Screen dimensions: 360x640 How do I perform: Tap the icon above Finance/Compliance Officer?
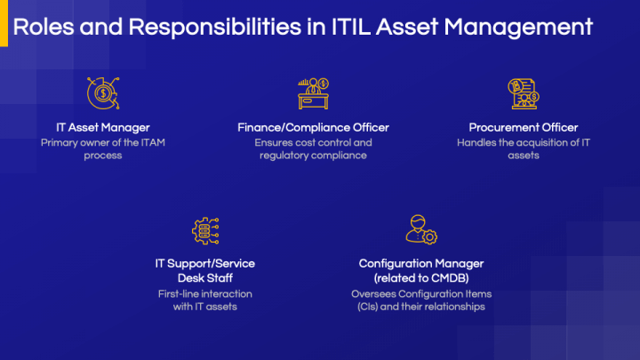pyautogui.click(x=313, y=92)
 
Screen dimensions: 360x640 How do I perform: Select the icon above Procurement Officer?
pyautogui.click(x=523, y=92)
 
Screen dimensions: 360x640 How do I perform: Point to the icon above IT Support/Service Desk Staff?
pyautogui.click(x=206, y=229)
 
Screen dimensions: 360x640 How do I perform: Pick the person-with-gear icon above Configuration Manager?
pyautogui.click(x=420, y=229)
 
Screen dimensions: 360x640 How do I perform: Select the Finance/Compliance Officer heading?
pyautogui.click(x=313, y=127)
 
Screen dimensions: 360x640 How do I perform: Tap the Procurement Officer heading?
pyautogui.click(x=524, y=127)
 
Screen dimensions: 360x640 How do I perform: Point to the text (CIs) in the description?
pyautogui.click(x=365, y=307)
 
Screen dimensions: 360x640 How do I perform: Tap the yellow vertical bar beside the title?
pyautogui.click(x=4, y=27)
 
